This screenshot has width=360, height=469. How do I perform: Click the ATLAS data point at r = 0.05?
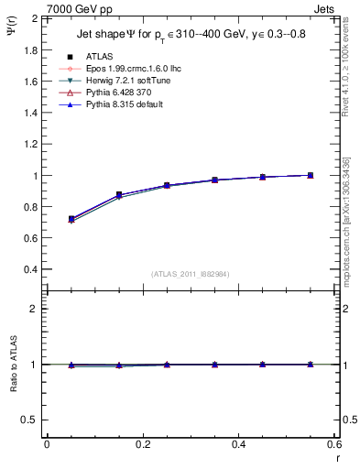[x=71, y=219]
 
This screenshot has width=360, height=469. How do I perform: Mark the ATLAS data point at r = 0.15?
[x=119, y=194]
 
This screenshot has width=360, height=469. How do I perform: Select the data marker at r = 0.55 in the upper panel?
[x=310, y=175]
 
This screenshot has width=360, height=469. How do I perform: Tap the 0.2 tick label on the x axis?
[x=143, y=444]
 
